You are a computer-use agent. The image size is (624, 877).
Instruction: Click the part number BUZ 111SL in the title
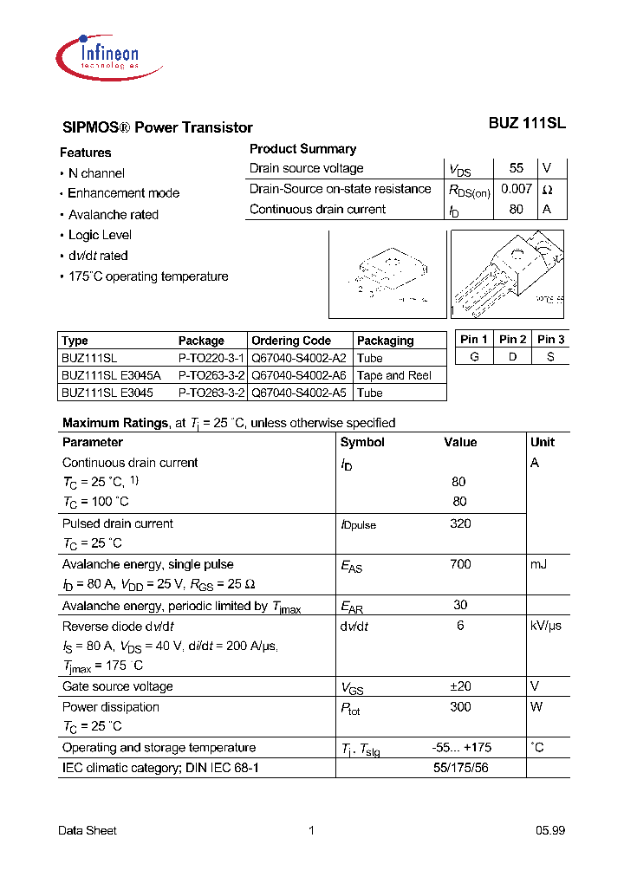[x=527, y=124]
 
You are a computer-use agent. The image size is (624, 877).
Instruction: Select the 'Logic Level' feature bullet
[x=100, y=235]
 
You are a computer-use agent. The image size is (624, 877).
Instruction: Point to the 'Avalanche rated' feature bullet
[x=113, y=214]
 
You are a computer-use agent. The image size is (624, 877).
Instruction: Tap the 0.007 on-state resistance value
[x=517, y=188]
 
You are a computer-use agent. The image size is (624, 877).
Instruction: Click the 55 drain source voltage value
[x=517, y=168]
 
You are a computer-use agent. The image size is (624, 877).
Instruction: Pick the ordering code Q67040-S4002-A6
[x=299, y=375]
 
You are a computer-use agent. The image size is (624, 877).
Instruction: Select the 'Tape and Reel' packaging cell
[x=394, y=375]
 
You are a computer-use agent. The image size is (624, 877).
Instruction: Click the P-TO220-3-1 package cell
[x=211, y=358]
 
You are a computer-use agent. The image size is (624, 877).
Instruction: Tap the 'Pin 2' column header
[x=512, y=340]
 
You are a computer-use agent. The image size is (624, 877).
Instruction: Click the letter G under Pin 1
[x=474, y=357]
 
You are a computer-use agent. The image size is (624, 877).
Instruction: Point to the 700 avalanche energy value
[x=460, y=564]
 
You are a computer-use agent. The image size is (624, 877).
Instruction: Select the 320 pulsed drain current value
[x=460, y=523]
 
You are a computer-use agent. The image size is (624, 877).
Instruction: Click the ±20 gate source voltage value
[x=460, y=686]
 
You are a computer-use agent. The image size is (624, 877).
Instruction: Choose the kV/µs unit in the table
[x=545, y=626]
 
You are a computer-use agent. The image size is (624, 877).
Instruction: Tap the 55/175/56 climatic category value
[x=460, y=768]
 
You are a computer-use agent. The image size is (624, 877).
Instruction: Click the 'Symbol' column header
[x=363, y=442]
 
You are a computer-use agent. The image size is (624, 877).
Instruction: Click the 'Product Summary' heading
[x=302, y=149]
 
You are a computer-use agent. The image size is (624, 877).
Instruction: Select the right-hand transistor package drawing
[x=508, y=274]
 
